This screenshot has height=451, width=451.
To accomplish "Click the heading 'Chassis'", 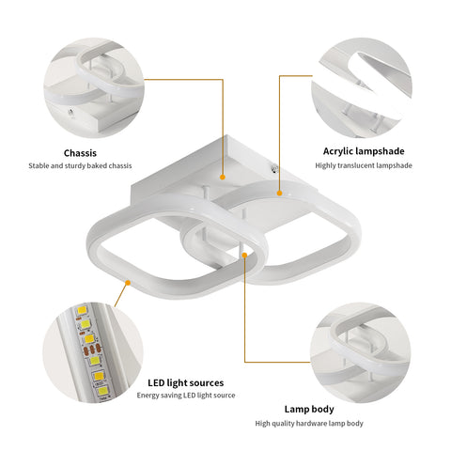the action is pos(80,153).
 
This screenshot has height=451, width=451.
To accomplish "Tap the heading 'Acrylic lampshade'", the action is pos(364,151).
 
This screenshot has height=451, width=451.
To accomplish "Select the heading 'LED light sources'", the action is pos(186,382).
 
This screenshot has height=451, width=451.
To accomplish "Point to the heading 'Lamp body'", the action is pos(309,409).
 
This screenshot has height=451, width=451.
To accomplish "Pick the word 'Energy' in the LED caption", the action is pos(146,396).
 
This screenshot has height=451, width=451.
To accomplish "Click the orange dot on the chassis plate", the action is pos(223,178).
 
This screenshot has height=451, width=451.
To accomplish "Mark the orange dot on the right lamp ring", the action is pos(279,194).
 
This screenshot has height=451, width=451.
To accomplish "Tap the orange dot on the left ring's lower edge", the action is pos(128,283).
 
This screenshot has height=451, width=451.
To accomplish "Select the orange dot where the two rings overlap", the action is pos(244,255).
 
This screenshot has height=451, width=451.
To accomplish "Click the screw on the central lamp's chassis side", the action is pos(275,169).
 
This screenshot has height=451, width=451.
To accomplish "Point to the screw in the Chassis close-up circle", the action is pos(70,113).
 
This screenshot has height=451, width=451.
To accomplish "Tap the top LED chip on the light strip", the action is pos(82,311).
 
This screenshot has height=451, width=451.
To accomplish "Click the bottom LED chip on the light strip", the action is pos(102,391).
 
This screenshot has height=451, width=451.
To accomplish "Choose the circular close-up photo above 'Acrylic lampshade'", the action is pos(362,87).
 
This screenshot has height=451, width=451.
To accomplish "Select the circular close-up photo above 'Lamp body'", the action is pos(360,352).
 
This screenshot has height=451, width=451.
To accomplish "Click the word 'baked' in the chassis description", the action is pos(97,165).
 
